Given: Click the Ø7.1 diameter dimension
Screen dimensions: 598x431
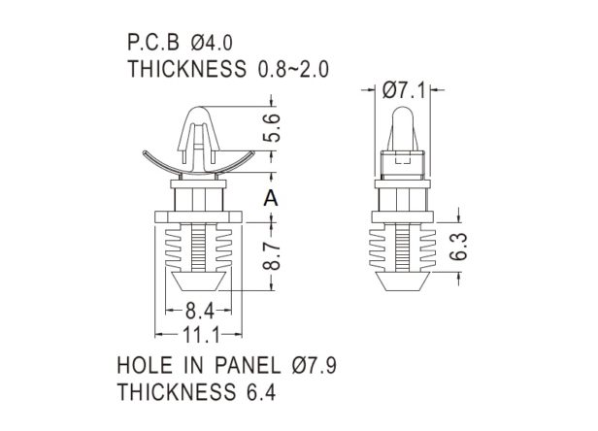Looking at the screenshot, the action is coord(403,91).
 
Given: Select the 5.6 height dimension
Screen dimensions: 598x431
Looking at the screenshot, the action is coord(272,128).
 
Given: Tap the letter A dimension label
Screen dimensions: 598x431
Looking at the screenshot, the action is coord(271,198).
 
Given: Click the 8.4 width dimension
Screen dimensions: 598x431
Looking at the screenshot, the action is coord(200,311).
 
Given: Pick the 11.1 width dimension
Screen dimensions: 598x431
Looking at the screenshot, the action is coord(202,336).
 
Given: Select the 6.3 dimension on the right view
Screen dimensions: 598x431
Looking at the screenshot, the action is coord(458,247).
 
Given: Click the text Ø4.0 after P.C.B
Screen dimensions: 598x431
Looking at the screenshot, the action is coord(212,43).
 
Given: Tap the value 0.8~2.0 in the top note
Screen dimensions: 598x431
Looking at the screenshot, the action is coord(293,70).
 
